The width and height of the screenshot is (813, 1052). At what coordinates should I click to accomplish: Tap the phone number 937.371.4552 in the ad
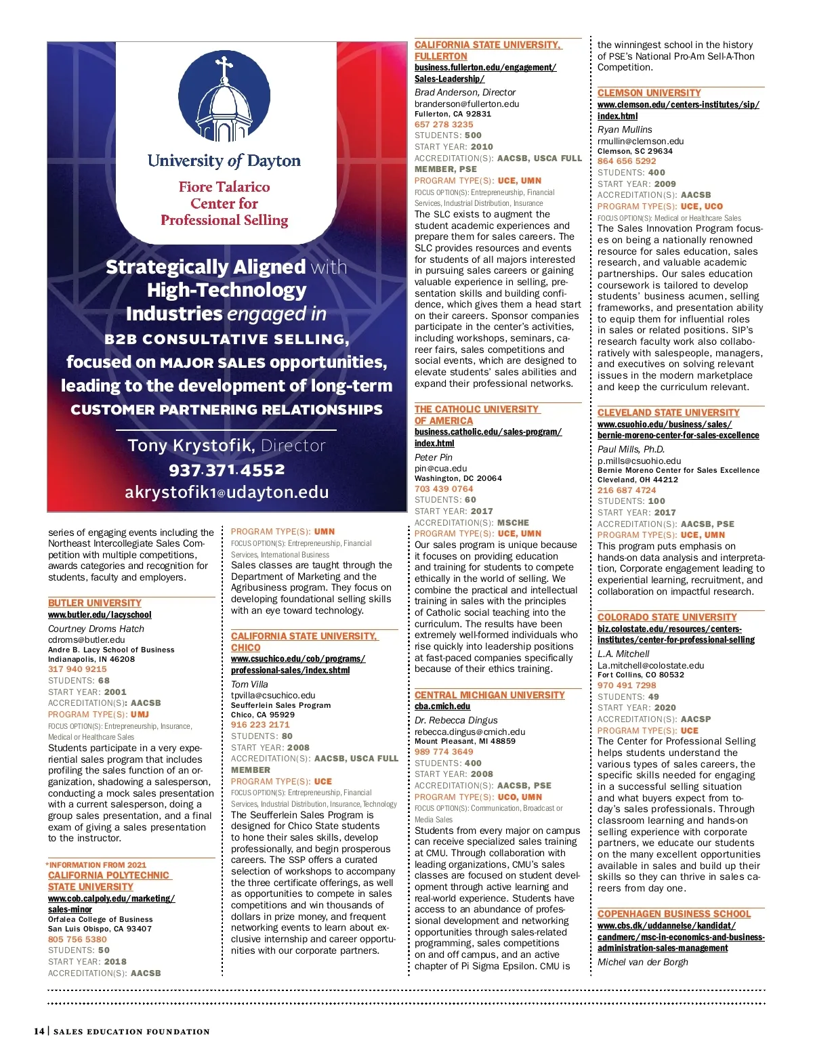click(226, 470)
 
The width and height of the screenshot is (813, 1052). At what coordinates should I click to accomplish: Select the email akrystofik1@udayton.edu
click(226, 492)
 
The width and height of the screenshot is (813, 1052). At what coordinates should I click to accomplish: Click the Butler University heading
click(95, 603)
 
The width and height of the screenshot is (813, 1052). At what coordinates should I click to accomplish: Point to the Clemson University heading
click(649, 93)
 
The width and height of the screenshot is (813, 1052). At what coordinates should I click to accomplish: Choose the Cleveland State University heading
click(668, 413)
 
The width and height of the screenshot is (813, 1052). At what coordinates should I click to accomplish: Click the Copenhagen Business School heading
click(673, 914)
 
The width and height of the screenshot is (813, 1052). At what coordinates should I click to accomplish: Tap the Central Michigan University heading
click(489, 695)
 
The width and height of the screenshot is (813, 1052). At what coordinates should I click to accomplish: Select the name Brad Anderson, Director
click(465, 92)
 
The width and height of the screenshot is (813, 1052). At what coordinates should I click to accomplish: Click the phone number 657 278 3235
click(444, 125)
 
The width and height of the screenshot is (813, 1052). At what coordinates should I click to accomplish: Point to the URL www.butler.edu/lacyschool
click(100, 615)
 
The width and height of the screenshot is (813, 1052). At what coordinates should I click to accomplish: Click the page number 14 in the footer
click(39, 1031)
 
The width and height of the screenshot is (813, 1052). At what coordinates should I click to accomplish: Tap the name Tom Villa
click(249, 684)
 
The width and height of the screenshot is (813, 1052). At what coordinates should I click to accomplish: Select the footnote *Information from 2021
click(96, 865)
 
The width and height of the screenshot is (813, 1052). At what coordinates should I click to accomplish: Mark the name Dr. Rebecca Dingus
click(456, 720)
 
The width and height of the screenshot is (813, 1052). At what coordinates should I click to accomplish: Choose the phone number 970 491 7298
click(627, 686)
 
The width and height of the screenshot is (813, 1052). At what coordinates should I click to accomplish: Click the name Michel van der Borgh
click(642, 962)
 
